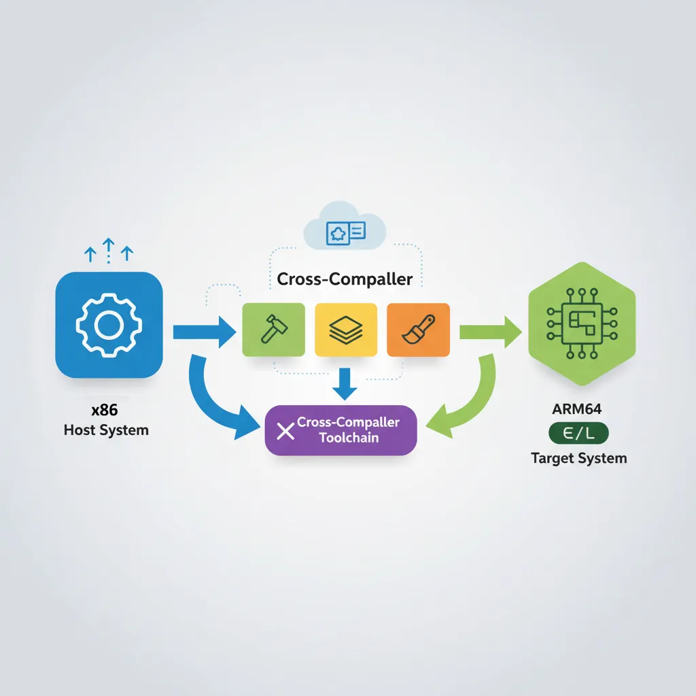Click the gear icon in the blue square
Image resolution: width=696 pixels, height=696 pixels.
tap(109, 325)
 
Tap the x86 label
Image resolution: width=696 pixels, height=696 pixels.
tap(105, 411)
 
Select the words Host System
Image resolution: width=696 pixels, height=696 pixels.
tap(106, 430)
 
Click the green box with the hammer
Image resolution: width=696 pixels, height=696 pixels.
tap(271, 329)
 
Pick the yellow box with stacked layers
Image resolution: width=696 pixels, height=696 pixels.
tap(346, 329)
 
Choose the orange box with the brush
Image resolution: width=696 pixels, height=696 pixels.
tap(418, 329)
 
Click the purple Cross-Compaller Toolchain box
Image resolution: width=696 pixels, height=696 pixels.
tap(341, 430)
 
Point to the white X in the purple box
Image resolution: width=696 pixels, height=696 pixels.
tap(286, 430)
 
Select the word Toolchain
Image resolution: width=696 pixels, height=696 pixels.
tap(349, 438)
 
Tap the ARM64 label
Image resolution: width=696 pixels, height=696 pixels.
tap(578, 411)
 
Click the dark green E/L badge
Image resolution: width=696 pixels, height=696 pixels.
tap(578, 433)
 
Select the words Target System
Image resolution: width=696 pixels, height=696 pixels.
tap(578, 458)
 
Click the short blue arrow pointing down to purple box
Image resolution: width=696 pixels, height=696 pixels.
tap(346, 382)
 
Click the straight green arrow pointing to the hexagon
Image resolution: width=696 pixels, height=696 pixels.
tap(489, 332)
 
